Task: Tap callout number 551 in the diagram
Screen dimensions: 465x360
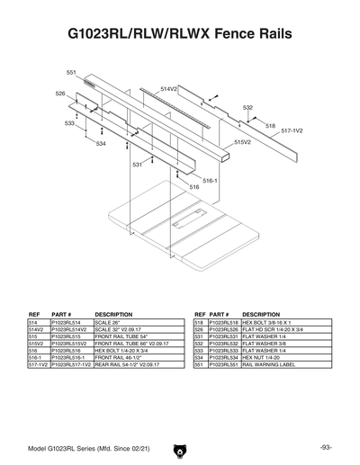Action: [x=72, y=72]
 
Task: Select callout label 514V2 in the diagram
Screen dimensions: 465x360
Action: [x=169, y=90]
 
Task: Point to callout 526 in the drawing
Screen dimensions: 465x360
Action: [x=60, y=94]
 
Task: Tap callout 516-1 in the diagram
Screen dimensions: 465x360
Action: [x=210, y=180]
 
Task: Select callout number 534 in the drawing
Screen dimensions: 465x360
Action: [x=101, y=143]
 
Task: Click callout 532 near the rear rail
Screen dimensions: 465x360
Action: [x=247, y=107]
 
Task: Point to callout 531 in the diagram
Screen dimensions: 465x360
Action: [x=138, y=165]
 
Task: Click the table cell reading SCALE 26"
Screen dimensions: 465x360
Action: [x=129, y=321]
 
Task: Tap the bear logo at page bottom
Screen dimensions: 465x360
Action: [x=180, y=447]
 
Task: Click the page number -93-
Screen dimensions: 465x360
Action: [x=325, y=446]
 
